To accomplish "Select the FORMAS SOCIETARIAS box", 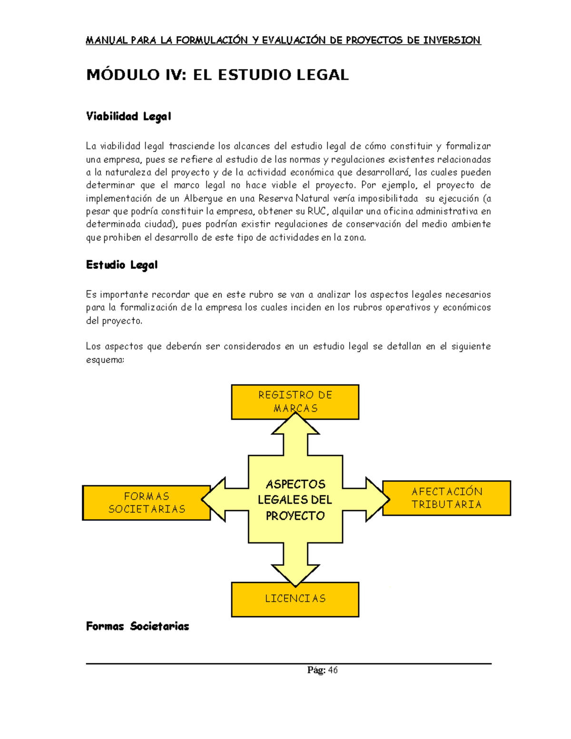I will (x=147, y=503).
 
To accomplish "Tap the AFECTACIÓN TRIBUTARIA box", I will (x=446, y=498).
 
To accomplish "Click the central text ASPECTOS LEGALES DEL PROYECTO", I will (x=295, y=500).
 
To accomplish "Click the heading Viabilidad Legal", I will (x=128, y=117).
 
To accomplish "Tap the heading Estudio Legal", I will (x=122, y=265).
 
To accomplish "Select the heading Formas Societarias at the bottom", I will (x=138, y=626).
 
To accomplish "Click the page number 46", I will (x=333, y=670).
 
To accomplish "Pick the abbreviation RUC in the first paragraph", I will (x=317, y=211).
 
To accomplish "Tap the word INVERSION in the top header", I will (x=452, y=40).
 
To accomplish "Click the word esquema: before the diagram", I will (x=105, y=360).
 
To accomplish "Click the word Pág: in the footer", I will (x=316, y=670).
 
